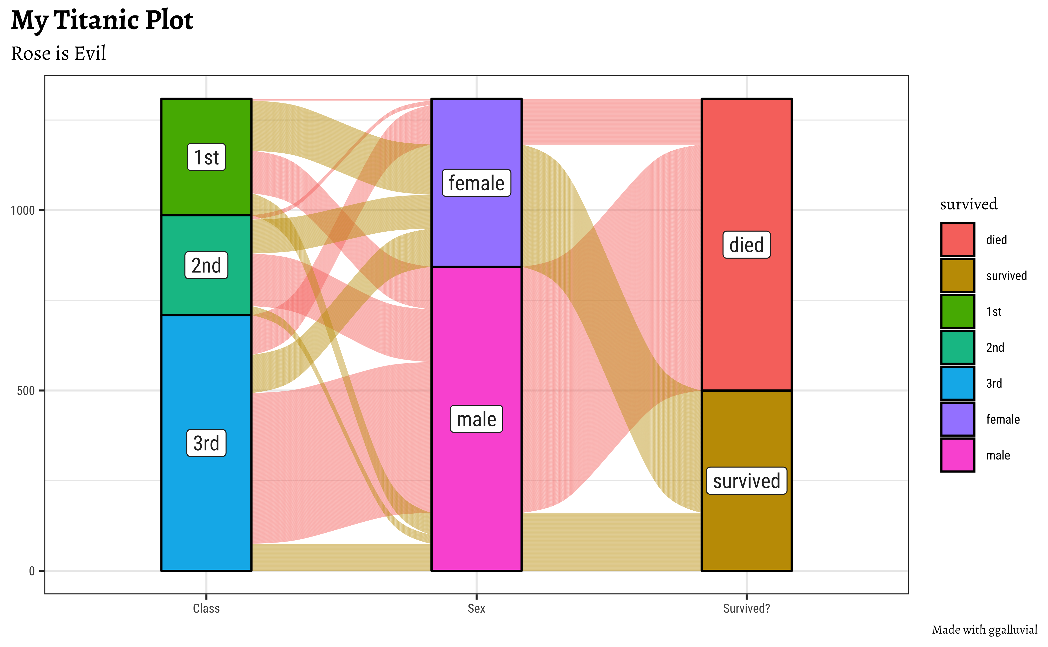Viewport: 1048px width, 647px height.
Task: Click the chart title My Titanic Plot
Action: coord(102,20)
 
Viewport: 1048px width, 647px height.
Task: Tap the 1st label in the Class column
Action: coord(206,157)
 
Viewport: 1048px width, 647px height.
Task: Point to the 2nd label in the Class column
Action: coord(206,265)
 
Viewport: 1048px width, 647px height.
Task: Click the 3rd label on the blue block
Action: coord(206,443)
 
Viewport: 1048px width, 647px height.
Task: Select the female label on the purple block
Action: coord(476,183)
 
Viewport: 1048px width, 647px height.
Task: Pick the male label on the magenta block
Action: coord(476,419)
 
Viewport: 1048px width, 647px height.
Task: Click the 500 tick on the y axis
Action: coord(26,391)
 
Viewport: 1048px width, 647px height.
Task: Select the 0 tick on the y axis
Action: coord(32,571)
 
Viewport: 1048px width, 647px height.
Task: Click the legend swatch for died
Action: coord(958,240)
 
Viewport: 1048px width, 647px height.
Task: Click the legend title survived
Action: coord(968,204)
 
